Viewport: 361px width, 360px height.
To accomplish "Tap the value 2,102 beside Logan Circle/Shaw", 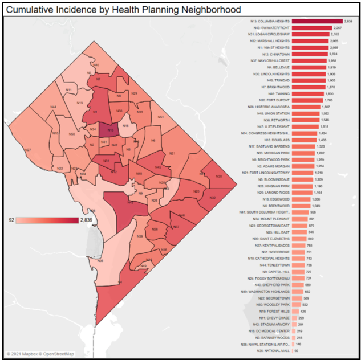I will tap(338, 34).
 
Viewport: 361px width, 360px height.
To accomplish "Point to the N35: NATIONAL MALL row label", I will tap(277, 351).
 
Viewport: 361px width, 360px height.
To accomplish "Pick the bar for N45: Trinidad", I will tap(309, 80).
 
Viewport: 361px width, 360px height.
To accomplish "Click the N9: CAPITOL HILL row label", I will tap(277, 272).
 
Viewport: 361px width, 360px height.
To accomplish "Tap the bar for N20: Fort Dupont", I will tap(307, 100).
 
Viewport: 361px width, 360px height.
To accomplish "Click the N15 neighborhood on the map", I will tap(125, 125).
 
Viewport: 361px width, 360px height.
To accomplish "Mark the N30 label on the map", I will tap(218, 176).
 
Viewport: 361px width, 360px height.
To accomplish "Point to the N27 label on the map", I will tap(28, 150).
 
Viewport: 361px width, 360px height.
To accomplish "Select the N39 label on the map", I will tap(140, 236).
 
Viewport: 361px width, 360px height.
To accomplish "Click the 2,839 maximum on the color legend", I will tap(86, 219).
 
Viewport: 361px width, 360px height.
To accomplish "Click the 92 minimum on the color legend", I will tap(11, 219).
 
